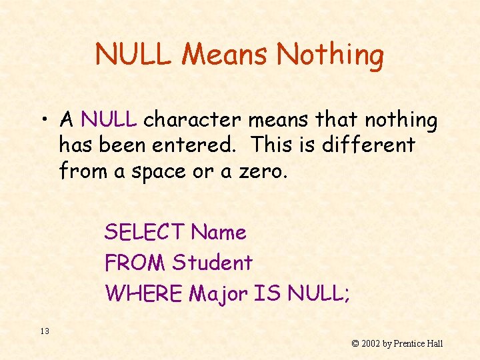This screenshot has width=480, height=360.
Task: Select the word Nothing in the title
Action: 330,55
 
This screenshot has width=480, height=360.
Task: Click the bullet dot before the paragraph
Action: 44,120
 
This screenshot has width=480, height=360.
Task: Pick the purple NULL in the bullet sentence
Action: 108,120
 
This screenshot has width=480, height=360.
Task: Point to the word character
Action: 192,120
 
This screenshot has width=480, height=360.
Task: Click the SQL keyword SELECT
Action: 144,233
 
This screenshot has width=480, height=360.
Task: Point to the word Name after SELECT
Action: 219,233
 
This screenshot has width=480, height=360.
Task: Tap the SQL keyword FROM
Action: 135,263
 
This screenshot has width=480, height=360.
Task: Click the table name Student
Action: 212,263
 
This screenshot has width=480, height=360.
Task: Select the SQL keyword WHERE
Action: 143,293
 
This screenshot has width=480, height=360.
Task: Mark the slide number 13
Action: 45,331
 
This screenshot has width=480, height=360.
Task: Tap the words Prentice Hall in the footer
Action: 417,344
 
